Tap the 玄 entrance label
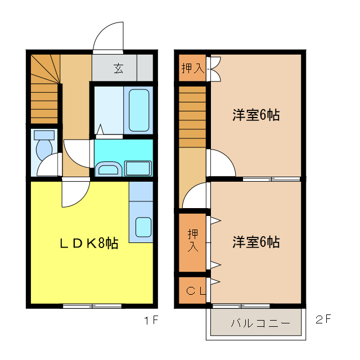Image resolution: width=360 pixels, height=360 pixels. (x=119, y=69)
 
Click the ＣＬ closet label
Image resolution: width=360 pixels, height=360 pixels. (x=193, y=290)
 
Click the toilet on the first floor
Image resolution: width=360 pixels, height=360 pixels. (x=43, y=147)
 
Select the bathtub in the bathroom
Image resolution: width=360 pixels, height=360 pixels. (x=139, y=110)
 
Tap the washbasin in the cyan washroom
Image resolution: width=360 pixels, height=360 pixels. (x=107, y=169)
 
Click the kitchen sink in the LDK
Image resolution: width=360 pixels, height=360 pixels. (x=143, y=227)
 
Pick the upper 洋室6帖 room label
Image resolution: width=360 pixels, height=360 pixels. (x=256, y=115)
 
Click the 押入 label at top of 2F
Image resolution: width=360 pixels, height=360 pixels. (x=192, y=69)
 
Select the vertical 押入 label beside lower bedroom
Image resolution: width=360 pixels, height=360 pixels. (x=192, y=240)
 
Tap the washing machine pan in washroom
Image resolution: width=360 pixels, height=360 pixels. (x=138, y=168)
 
